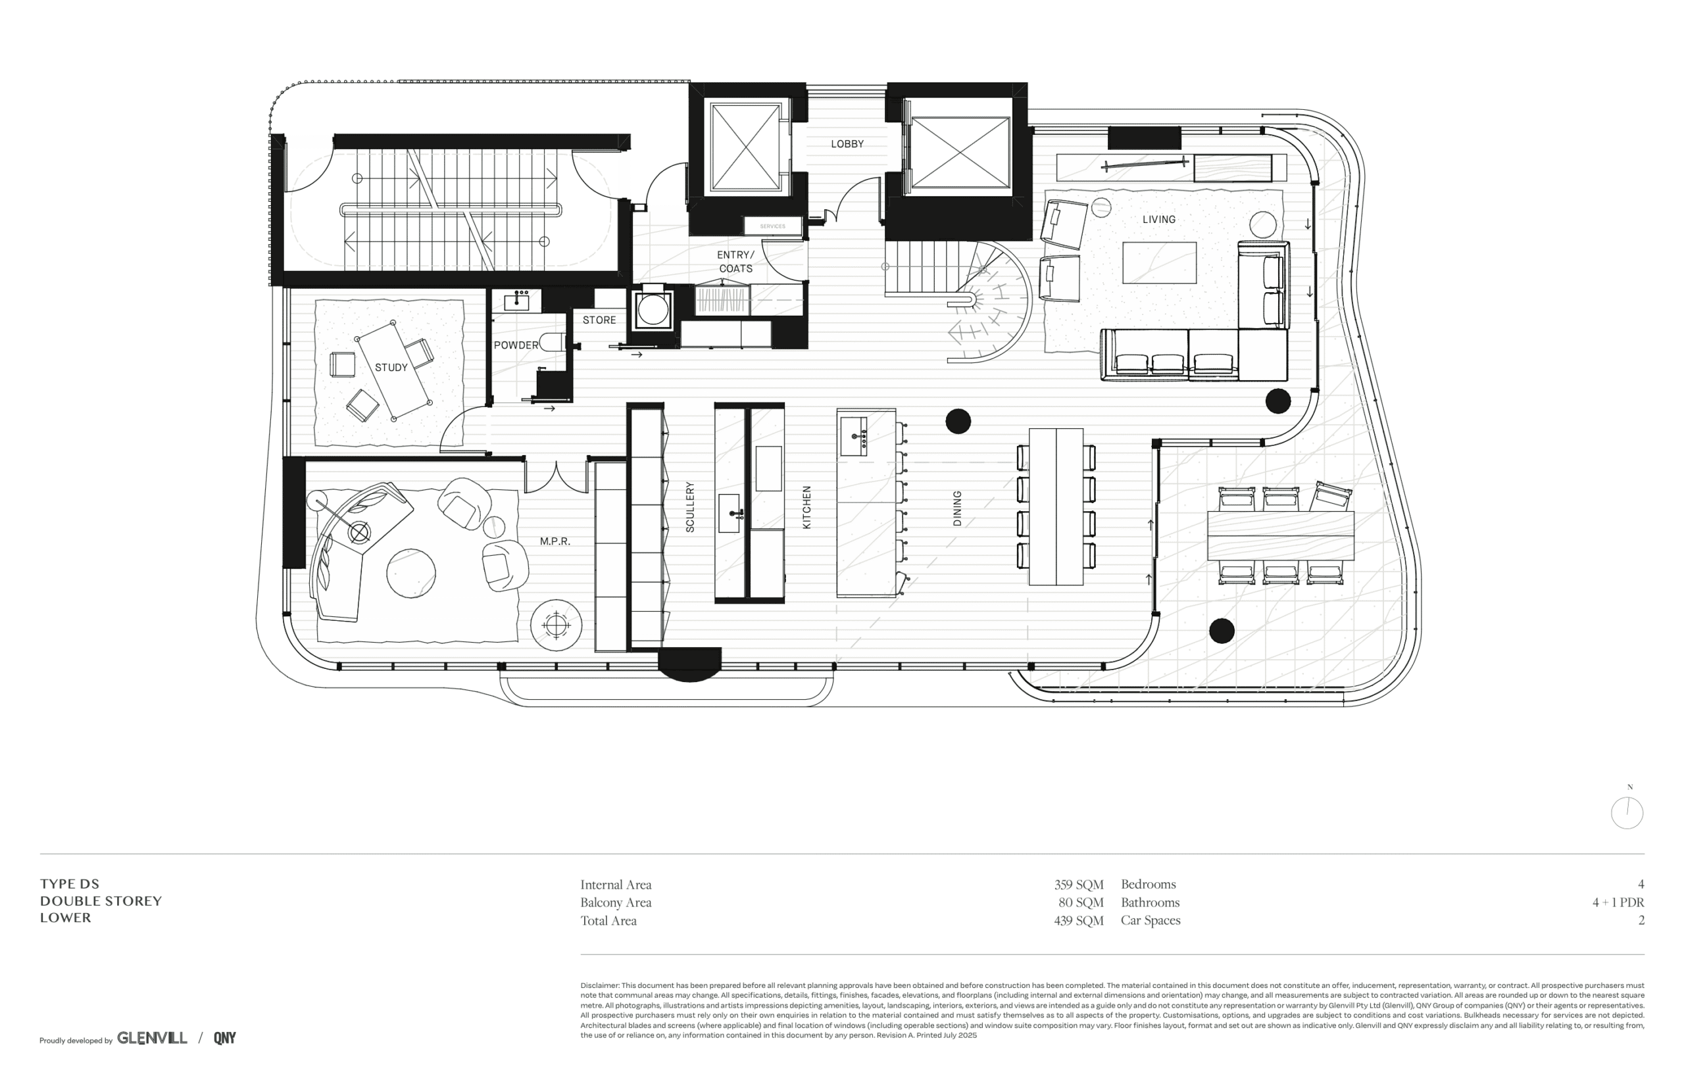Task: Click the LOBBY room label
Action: pyautogui.click(x=847, y=143)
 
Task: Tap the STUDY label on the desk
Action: pyautogui.click(x=391, y=368)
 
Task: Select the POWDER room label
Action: pyautogui.click(x=516, y=345)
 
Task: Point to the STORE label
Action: pyautogui.click(x=599, y=320)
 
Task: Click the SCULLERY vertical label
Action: pyautogui.click(x=689, y=506)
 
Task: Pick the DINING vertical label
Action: pyautogui.click(x=957, y=508)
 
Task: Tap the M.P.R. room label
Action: pyautogui.click(x=555, y=541)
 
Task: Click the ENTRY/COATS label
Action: pyautogui.click(x=735, y=261)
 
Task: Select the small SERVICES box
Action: pyautogui.click(x=773, y=226)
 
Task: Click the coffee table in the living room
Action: pyautogui.click(x=1159, y=262)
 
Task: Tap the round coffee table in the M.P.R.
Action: pyautogui.click(x=411, y=573)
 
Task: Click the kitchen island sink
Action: pyautogui.click(x=854, y=435)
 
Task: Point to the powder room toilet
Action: pyautogui.click(x=553, y=342)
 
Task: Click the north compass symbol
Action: pyautogui.click(x=1627, y=812)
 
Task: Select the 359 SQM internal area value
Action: pyautogui.click(x=1079, y=885)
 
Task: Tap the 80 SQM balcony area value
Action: pyautogui.click(x=1081, y=902)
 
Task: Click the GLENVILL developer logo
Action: pyautogui.click(x=152, y=1037)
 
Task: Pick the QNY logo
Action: pyautogui.click(x=224, y=1037)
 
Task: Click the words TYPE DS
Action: pyautogui.click(x=70, y=884)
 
